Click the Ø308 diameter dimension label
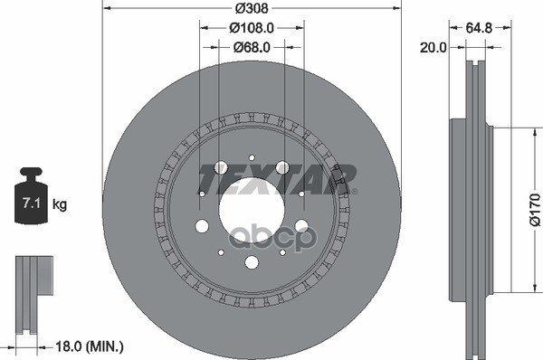click(x=252, y=8)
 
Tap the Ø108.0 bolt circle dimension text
click(x=252, y=28)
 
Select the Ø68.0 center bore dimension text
click(x=252, y=47)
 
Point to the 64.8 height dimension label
click(x=479, y=28)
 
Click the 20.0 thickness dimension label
click(x=433, y=47)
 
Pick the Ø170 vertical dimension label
click(x=535, y=210)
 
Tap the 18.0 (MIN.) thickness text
click(x=90, y=346)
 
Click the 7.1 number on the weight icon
click(x=32, y=203)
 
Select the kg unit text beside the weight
click(x=60, y=204)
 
